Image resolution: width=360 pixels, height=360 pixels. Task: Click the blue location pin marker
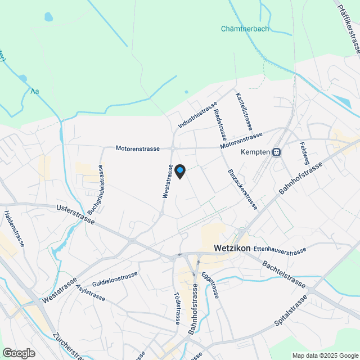180,171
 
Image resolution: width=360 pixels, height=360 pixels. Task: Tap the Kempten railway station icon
276,152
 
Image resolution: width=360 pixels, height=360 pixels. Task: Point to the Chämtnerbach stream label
245,29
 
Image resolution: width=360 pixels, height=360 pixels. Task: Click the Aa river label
35,91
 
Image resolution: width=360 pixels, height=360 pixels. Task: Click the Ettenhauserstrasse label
280,250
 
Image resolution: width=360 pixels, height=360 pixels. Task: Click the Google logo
19,353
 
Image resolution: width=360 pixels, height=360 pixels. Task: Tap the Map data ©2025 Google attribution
325,355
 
